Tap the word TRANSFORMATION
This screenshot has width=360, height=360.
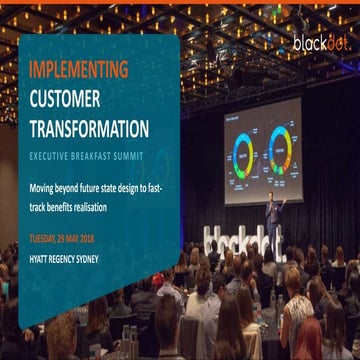[x=89, y=129]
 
